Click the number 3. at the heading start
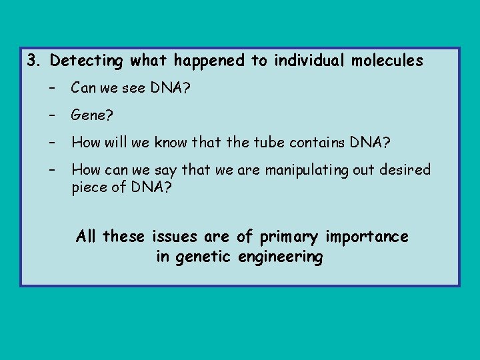coord(34,61)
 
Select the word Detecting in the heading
coord(87,61)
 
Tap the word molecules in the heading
coord(387,61)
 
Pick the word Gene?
coord(93,116)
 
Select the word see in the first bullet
coord(135,88)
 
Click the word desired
coord(405,169)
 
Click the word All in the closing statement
coord(87,237)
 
